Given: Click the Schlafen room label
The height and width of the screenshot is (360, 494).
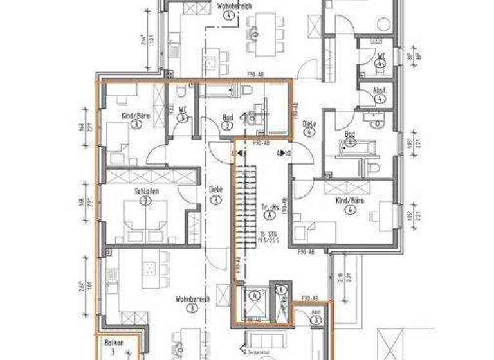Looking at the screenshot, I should tap(147, 192).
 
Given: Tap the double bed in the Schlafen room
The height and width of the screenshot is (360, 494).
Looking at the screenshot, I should tap(147, 215).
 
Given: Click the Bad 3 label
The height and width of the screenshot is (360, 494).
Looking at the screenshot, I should tap(228, 121).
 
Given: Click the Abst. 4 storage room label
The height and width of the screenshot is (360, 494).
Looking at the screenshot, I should tap(380, 94).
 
